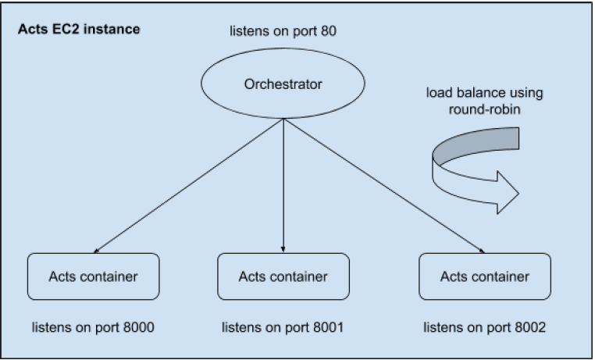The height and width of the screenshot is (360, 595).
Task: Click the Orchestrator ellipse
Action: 283,85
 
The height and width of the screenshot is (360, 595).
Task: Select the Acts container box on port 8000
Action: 94,276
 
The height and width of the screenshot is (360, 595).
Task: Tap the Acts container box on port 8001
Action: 283,276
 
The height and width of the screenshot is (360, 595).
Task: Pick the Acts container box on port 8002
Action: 484,276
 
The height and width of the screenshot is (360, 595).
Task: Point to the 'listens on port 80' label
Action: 282,33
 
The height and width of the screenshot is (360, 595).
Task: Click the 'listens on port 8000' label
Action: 93,326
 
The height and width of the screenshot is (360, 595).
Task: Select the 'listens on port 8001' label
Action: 283,326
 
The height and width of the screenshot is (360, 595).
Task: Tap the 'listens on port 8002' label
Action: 483,326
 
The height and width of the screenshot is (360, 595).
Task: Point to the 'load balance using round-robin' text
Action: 484,102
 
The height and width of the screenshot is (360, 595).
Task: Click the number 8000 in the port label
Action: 137,326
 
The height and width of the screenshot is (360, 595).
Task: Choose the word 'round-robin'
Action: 484,110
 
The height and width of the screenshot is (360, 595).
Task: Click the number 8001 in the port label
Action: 327,326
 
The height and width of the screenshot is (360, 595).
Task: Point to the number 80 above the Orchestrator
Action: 328,33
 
